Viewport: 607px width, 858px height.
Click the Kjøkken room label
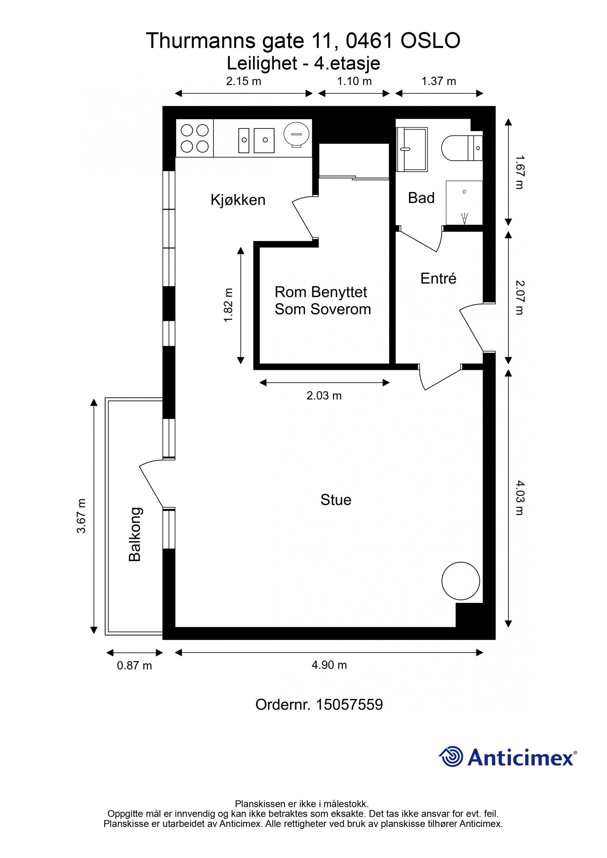click(x=238, y=200)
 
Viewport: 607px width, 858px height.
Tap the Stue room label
click(x=336, y=500)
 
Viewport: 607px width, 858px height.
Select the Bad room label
click(x=421, y=198)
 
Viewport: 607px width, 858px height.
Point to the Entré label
click(x=438, y=279)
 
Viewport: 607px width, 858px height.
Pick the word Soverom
click(x=340, y=309)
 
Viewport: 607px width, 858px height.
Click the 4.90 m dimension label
click(x=329, y=665)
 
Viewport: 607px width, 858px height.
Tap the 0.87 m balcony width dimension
click(x=134, y=665)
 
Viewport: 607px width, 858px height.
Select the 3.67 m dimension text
click(x=82, y=516)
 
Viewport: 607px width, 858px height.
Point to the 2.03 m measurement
click(x=324, y=395)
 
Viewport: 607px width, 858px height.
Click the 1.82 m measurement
click(x=228, y=305)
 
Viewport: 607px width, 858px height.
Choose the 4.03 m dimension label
click(x=519, y=498)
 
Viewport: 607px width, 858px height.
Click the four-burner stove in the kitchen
click(x=195, y=138)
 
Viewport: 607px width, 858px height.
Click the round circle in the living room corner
click(x=461, y=580)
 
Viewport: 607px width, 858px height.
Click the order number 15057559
click(x=349, y=704)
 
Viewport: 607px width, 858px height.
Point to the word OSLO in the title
click(x=430, y=41)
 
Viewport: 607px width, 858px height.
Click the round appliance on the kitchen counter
click(x=297, y=134)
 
